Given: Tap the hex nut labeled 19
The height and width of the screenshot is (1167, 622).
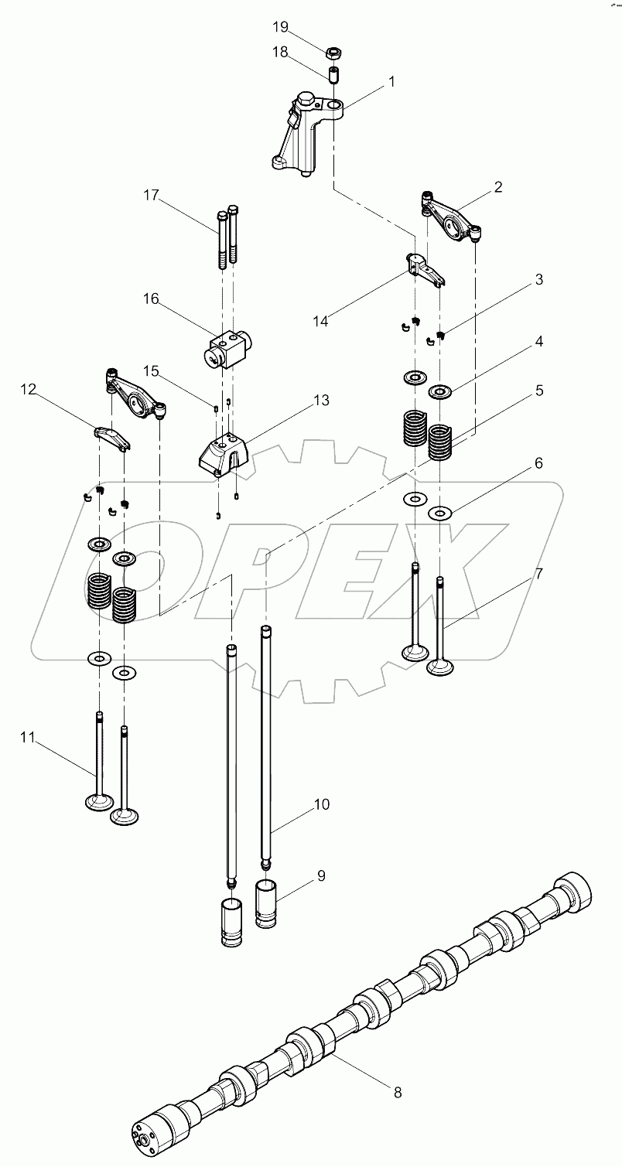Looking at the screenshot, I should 334,53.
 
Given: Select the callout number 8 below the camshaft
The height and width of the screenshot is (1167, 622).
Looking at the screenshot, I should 397,1093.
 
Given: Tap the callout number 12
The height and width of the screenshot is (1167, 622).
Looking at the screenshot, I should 29,391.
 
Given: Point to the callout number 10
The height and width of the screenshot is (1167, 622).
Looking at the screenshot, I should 321,804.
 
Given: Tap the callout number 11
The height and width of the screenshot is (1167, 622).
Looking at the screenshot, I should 28,738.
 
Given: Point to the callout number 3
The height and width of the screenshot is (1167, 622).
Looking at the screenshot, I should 538,279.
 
